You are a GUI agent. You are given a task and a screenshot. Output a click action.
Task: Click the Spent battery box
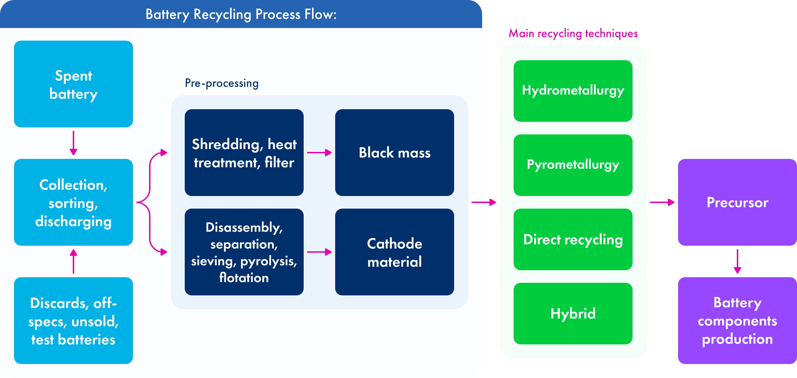(x=73, y=84)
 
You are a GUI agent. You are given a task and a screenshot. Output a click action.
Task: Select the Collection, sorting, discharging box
(x=73, y=202)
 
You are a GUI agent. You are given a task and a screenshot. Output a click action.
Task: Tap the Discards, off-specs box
(x=73, y=321)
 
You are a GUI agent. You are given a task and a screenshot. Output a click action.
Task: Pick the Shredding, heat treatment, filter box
(x=244, y=153)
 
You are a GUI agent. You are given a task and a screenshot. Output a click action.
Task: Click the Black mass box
(x=395, y=153)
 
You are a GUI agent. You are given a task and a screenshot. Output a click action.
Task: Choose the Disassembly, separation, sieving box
(x=244, y=252)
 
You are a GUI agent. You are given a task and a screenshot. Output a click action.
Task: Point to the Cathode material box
(x=395, y=252)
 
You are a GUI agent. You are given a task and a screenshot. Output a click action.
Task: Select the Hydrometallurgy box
(x=573, y=91)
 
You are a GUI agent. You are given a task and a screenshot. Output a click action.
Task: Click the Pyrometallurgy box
(x=573, y=165)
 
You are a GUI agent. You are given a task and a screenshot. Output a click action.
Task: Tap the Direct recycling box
(x=573, y=239)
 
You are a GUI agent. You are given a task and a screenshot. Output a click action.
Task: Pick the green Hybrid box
(x=573, y=314)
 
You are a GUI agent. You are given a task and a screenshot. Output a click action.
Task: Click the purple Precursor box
(x=738, y=202)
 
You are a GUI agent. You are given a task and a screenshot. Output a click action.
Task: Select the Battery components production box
(x=738, y=321)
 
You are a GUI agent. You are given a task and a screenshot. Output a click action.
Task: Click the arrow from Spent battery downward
(x=73, y=143)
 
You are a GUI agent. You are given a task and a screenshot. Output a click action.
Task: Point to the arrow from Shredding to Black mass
(x=319, y=153)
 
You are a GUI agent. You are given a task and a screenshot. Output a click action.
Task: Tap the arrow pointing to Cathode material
(x=319, y=252)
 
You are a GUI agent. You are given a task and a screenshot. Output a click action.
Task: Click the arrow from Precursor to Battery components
(x=738, y=261)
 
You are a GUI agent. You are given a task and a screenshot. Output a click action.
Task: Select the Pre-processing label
(x=221, y=83)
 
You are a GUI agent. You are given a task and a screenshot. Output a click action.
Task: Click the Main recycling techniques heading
(x=573, y=34)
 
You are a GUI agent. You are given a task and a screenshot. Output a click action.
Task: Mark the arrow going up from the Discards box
(x=73, y=261)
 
